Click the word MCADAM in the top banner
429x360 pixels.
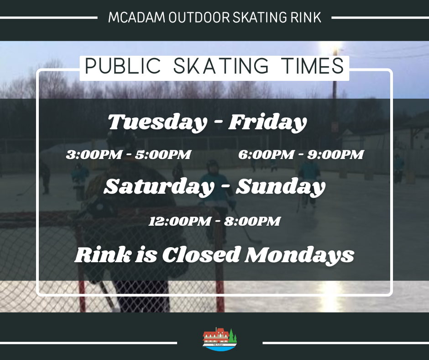(x=137, y=17)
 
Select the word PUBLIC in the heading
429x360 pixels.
(x=123, y=66)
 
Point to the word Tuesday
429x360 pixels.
(x=157, y=122)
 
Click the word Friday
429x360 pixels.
(x=267, y=122)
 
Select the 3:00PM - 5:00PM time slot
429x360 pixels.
(x=128, y=154)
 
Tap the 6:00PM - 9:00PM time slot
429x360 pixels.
(x=301, y=154)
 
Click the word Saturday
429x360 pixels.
(x=158, y=187)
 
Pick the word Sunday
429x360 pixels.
(x=280, y=187)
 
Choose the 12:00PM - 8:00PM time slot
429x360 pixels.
(x=214, y=221)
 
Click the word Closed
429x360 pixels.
(x=201, y=255)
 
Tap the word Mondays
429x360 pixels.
(x=299, y=255)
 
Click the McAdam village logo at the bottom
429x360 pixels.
(x=220, y=339)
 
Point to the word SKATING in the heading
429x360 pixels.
(x=221, y=66)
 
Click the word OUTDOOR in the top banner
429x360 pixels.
(x=199, y=17)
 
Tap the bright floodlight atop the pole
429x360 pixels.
(x=335, y=50)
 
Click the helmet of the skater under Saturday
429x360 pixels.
(x=211, y=165)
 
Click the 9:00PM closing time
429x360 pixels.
(x=336, y=154)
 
